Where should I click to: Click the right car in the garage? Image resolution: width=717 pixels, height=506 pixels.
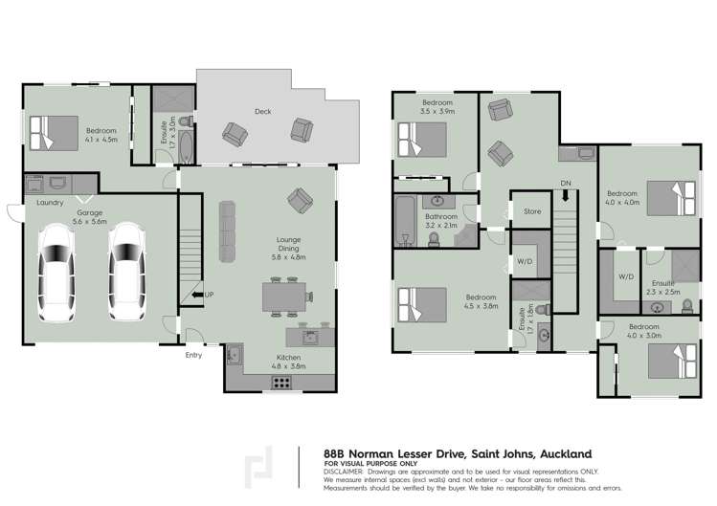127,271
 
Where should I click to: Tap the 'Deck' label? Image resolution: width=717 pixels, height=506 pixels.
262,112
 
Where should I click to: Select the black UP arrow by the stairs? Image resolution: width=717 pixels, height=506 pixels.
196,296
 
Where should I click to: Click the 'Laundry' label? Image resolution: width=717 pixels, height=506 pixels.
50,203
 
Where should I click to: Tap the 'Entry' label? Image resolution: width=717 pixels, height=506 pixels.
194,356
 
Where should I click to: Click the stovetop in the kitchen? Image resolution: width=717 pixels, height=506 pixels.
283,381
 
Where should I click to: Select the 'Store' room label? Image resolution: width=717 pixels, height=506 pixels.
532,211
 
